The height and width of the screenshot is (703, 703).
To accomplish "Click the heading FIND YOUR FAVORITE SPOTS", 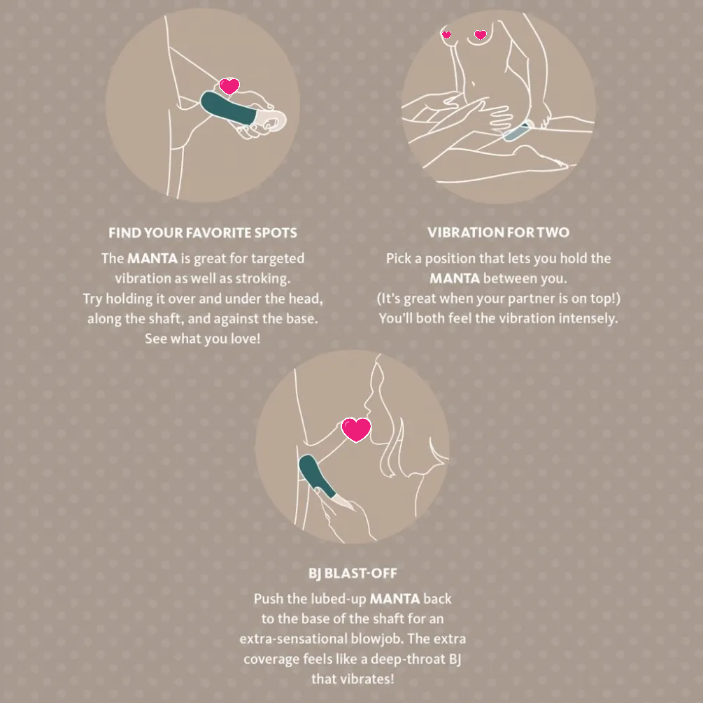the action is click(x=203, y=233).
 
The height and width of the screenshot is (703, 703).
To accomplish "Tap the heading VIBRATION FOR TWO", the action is click(x=498, y=232).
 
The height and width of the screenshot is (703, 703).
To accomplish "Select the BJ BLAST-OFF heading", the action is click(x=353, y=573).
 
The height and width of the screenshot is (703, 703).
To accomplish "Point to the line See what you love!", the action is click(x=203, y=339).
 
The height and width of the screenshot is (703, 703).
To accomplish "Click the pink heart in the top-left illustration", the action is click(x=229, y=85).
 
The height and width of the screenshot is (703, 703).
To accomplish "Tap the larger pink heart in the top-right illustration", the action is click(x=480, y=34).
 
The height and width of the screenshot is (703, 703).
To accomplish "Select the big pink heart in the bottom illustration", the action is click(x=356, y=429).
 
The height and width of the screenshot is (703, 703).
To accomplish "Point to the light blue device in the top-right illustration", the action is click(x=518, y=131).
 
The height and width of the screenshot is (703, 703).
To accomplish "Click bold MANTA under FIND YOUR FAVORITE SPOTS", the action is click(x=152, y=258).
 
